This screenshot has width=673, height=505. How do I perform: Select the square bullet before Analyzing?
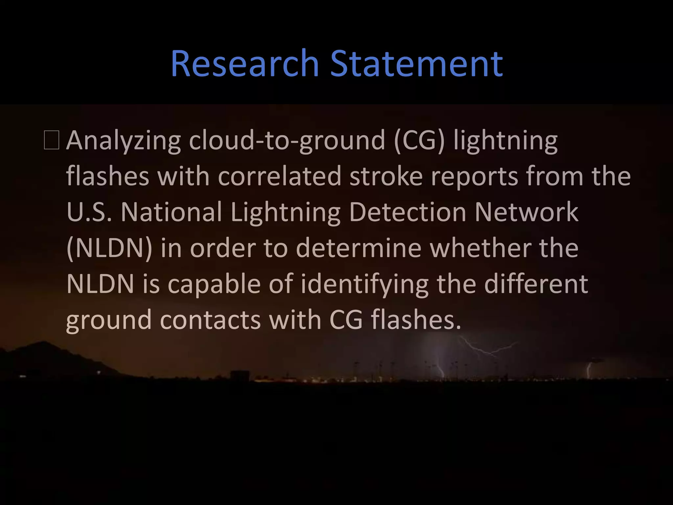point(52,140)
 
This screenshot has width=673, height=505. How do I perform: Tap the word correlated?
point(279,176)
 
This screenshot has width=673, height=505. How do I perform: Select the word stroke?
point(386,176)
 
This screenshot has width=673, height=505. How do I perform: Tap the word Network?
point(526,212)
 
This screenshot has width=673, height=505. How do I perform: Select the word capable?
point(214,284)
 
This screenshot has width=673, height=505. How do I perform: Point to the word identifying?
point(364,285)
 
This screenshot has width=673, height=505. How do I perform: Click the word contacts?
point(210,320)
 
